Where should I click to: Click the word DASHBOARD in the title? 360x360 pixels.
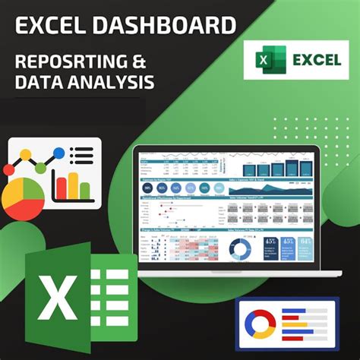[164, 27]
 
